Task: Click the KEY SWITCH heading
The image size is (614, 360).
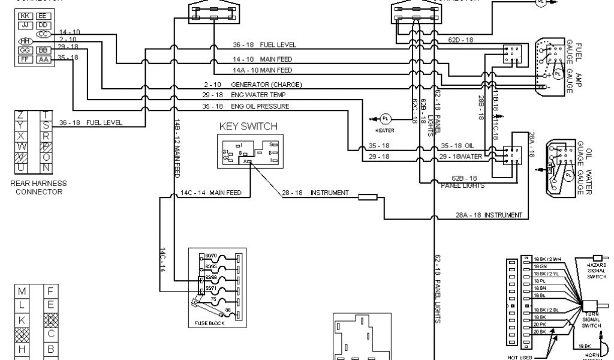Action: click(x=248, y=126)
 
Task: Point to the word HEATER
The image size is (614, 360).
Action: click(x=384, y=130)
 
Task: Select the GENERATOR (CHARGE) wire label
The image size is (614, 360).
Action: click(x=266, y=85)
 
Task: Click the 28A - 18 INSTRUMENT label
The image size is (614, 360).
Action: click(x=488, y=215)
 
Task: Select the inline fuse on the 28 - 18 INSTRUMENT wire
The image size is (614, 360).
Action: click(x=367, y=196)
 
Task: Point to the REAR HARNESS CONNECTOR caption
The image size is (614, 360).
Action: click(x=38, y=187)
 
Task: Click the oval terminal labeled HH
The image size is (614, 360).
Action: click(x=25, y=41)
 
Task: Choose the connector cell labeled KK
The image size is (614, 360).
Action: click(x=25, y=16)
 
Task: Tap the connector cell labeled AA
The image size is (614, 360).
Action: click(x=44, y=59)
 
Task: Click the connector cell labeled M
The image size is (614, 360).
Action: click(x=22, y=291)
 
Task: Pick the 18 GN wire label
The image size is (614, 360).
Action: click(x=539, y=265)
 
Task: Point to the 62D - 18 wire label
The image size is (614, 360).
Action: click(x=460, y=40)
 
